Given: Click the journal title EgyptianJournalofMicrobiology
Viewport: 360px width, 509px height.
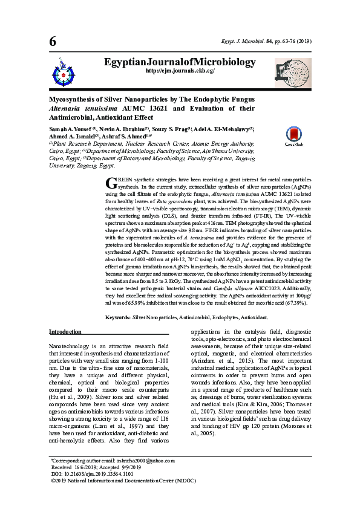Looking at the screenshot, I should coord(180,62).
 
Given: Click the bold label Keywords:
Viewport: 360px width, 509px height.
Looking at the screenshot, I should coord(118,317).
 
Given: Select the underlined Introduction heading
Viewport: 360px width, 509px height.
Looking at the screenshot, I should coord(65,332).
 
